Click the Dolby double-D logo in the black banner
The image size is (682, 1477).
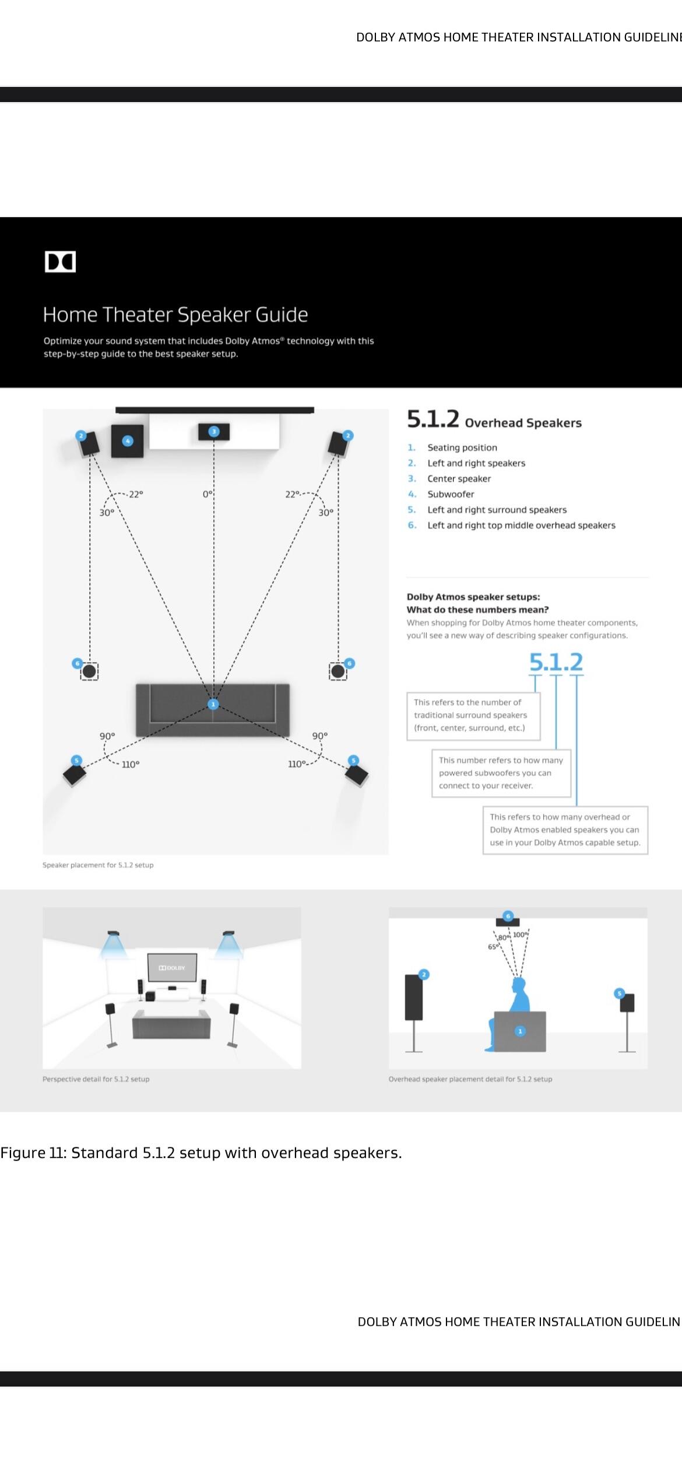[x=60, y=262]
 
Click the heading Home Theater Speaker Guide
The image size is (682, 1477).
[x=175, y=315]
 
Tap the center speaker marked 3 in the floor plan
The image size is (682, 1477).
[x=214, y=432]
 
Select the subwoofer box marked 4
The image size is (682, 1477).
[x=127, y=442]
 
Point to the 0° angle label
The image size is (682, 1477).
[x=208, y=495]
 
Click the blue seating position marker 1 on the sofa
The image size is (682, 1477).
[x=213, y=704]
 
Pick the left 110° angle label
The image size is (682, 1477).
[x=131, y=764]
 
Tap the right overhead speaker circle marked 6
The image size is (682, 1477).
[x=338, y=671]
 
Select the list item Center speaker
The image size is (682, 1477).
[x=459, y=479]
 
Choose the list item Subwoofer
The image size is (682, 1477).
[x=451, y=494]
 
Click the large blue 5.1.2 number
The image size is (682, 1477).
[x=556, y=661]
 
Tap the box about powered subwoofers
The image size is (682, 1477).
[x=501, y=773]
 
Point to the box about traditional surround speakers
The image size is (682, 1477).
[x=473, y=715]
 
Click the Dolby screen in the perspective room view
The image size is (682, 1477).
[x=172, y=968]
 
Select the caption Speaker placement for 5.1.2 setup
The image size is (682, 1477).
[x=98, y=865]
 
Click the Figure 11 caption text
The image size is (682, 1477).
[x=201, y=1153]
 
